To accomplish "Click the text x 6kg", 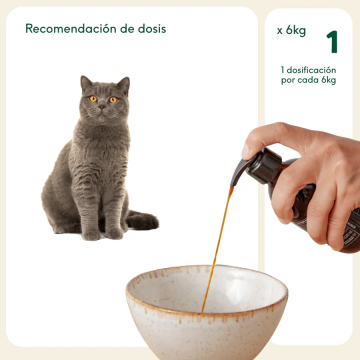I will (x=291, y=31).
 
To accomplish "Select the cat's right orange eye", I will (x=112, y=99).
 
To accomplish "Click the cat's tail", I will (x=140, y=221).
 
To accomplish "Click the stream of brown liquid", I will (x=217, y=240).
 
